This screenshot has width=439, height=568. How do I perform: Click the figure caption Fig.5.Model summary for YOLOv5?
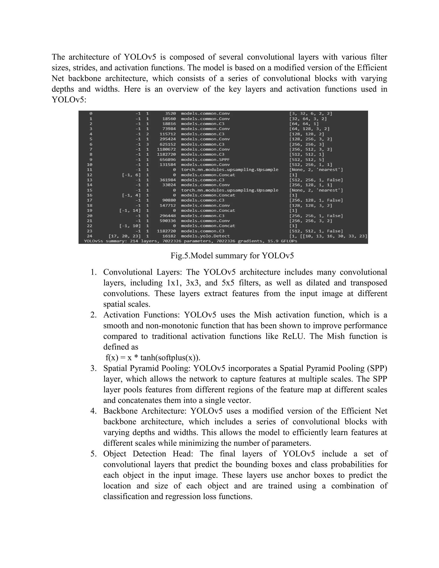[x=232, y=256]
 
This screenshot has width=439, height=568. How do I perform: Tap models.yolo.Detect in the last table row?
[x=205, y=236]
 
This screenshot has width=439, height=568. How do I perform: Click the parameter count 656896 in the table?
[x=167, y=159]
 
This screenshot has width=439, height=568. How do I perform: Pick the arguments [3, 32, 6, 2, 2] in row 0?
[x=311, y=114]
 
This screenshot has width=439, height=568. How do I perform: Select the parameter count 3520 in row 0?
[x=170, y=114]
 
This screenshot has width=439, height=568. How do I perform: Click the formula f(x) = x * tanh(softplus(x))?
[x=153, y=358]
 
